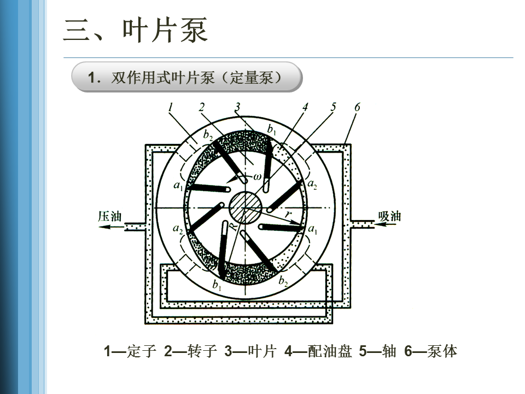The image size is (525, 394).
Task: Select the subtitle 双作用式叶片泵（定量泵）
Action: (197, 78)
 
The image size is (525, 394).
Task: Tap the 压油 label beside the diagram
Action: (109, 216)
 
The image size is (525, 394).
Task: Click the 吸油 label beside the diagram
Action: (389, 216)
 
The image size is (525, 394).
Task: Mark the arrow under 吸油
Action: (389, 226)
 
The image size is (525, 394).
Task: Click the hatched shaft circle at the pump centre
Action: (245, 208)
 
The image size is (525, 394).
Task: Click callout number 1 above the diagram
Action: (171, 108)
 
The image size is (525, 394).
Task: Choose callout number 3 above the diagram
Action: (237, 107)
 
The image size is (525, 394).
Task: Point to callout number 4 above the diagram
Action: (305, 107)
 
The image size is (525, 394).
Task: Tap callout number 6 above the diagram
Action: (357, 107)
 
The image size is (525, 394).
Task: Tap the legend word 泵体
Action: (442, 351)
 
